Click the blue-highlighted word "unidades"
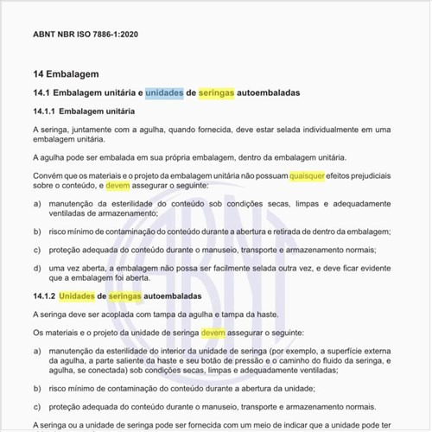pyautogui.click(x=164, y=92)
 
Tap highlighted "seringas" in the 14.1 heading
pyautogui.click(x=216, y=92)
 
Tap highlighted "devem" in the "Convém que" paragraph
pyautogui.click(x=118, y=185)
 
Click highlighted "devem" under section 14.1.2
pyautogui.click(x=213, y=332)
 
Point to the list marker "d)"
pyautogui.click(x=37, y=268)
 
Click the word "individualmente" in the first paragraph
pyautogui.click(x=308, y=130)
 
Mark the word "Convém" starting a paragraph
pyautogui.click(x=46, y=175)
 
